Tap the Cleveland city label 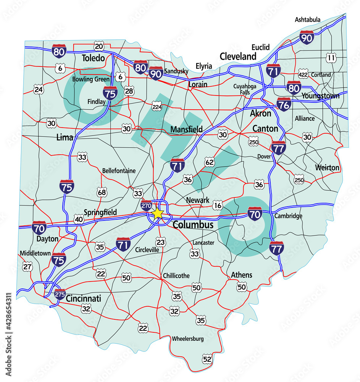pyautogui.click(x=238, y=57)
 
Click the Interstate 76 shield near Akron pyautogui.click(x=284, y=104)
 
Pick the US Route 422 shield pyautogui.click(x=303, y=75)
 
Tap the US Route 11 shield pyautogui.click(x=331, y=58)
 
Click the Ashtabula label pyautogui.click(x=308, y=19)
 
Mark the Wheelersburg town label pyautogui.click(x=187, y=338)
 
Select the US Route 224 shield pyautogui.click(x=157, y=106)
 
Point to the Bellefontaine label pyautogui.click(x=119, y=171)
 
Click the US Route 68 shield pyautogui.click(x=102, y=192)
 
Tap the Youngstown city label pyautogui.click(x=320, y=96)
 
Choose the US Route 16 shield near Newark pyautogui.click(x=218, y=206)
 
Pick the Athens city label pyautogui.click(x=241, y=275)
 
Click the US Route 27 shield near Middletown pyautogui.click(x=27, y=267)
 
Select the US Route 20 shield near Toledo pyautogui.click(x=99, y=47)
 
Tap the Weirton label pyautogui.click(x=327, y=168)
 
